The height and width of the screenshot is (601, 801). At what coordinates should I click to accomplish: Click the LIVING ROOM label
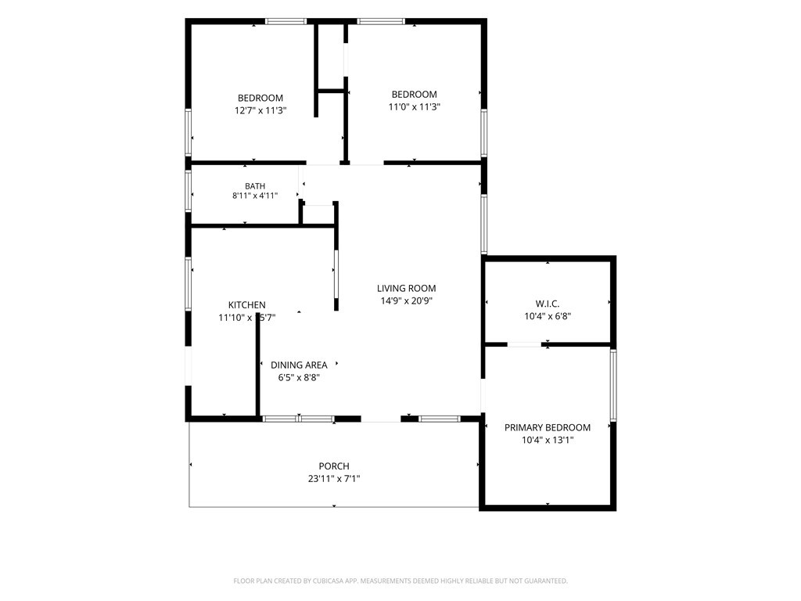click(x=406, y=288)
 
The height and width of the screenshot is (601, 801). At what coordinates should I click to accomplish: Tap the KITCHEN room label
click(x=246, y=305)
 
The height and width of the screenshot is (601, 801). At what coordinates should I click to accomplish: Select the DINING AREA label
click(x=299, y=365)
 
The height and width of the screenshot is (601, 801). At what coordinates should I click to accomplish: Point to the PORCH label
click(x=334, y=466)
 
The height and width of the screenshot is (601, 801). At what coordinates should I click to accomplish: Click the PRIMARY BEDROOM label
click(x=547, y=428)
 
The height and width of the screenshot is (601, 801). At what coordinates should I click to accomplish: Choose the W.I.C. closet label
click(x=548, y=304)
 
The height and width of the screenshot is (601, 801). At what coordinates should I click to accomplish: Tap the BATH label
click(x=255, y=186)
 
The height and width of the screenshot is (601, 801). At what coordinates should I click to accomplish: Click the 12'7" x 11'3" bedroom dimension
click(x=260, y=110)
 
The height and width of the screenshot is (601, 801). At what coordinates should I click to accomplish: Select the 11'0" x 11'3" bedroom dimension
click(x=415, y=106)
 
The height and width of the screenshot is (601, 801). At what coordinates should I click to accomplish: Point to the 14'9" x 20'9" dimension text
click(x=406, y=300)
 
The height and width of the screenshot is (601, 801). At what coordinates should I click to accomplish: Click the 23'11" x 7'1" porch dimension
click(x=334, y=479)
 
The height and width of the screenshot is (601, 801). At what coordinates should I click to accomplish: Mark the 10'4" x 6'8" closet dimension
click(x=548, y=316)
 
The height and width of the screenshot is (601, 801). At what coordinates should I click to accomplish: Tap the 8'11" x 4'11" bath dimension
click(x=255, y=195)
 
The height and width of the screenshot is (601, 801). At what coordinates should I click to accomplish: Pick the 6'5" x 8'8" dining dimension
click(x=299, y=378)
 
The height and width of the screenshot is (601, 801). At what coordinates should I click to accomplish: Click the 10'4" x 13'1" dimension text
click(x=548, y=440)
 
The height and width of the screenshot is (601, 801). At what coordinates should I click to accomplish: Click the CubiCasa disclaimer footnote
click(x=400, y=581)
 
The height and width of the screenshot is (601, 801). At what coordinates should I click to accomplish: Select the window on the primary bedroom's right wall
click(x=613, y=385)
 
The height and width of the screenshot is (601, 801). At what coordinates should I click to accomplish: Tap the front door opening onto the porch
click(x=381, y=419)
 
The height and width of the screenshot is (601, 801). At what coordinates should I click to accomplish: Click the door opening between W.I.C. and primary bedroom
click(x=524, y=345)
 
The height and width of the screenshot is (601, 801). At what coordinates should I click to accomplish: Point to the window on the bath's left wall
click(x=188, y=191)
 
